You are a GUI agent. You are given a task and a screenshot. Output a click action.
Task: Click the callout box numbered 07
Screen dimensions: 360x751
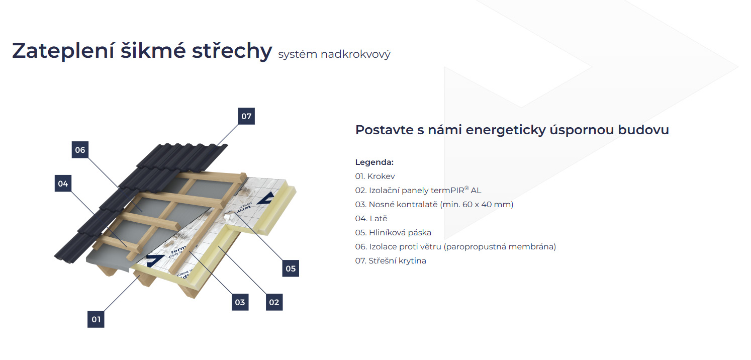click(246, 116)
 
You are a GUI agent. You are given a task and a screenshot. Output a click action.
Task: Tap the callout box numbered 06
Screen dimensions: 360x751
click(80, 150)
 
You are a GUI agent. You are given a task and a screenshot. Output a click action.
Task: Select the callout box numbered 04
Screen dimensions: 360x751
click(63, 184)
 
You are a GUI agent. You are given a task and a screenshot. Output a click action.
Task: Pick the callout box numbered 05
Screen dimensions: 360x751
click(291, 268)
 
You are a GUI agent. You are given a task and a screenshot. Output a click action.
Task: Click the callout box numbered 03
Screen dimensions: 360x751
click(240, 302)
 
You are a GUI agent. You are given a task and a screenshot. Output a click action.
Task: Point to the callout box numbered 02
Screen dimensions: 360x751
click(274, 302)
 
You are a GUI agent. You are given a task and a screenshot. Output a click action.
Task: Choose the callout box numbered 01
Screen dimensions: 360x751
click(96, 319)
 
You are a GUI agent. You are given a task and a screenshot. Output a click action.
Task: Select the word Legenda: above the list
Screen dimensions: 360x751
click(374, 162)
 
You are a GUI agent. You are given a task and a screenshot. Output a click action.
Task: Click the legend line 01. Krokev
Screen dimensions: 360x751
click(374, 176)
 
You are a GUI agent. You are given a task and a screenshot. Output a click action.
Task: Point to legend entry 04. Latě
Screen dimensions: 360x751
click(371, 219)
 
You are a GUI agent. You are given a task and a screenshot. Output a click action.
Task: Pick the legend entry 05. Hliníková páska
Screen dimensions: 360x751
click(393, 233)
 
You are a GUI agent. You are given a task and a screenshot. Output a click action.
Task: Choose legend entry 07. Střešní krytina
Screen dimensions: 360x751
click(391, 261)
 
